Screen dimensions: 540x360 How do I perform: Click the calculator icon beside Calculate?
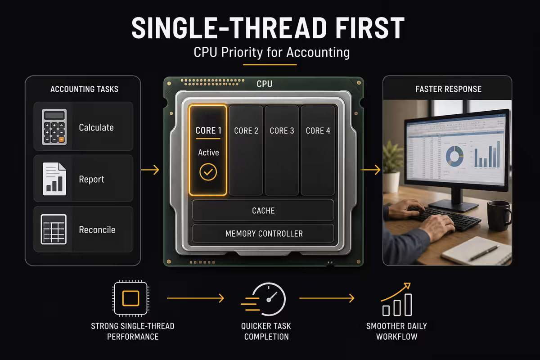[x=54, y=127]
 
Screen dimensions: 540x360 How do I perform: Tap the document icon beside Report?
[x=54, y=179]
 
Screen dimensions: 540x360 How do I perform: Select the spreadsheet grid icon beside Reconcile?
[x=54, y=229]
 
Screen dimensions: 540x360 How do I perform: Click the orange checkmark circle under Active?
[x=208, y=172]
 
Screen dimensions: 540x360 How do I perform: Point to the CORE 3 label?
[x=282, y=130]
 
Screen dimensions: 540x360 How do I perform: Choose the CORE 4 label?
[x=318, y=130]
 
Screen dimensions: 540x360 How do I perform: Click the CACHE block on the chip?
[x=263, y=211]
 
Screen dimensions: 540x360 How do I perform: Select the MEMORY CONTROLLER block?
[x=263, y=234]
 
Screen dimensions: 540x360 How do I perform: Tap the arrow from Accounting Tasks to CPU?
[x=150, y=170]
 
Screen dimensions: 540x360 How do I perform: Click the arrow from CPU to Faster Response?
[x=370, y=170]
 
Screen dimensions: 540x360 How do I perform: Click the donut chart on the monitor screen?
[x=454, y=157]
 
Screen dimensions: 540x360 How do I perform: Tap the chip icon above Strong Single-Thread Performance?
[x=130, y=298]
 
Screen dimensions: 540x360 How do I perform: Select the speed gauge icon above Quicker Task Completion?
[x=264, y=299]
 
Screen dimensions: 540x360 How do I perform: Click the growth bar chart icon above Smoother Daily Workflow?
[x=396, y=299]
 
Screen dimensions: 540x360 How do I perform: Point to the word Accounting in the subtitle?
[x=318, y=53]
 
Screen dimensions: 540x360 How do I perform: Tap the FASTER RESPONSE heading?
[x=448, y=89]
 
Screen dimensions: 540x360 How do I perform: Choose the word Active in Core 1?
[x=208, y=153]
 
